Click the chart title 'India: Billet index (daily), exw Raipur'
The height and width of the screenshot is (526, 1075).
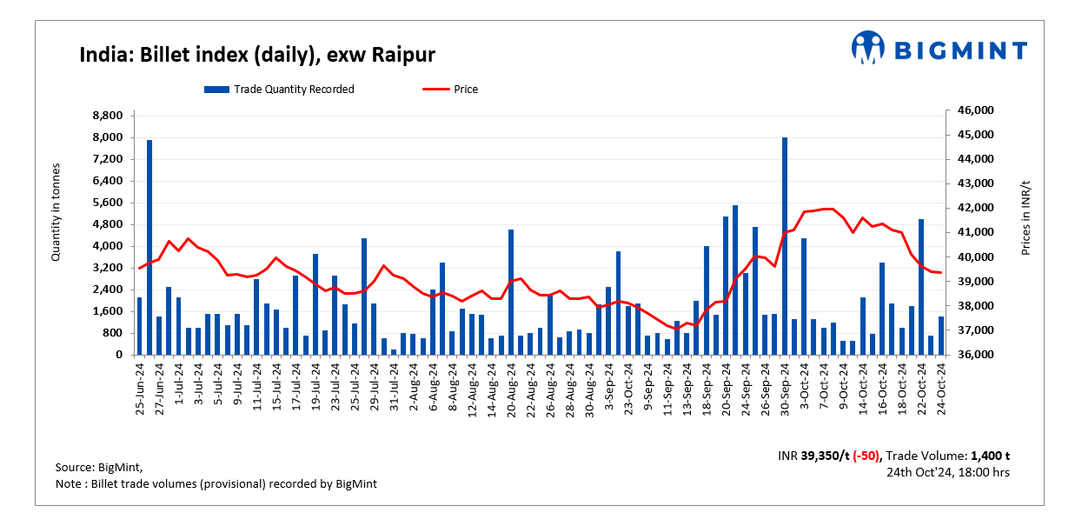pyautogui.click(x=257, y=56)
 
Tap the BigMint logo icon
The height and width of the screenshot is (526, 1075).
pyautogui.click(x=867, y=48)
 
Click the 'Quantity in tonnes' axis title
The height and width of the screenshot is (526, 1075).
pyautogui.click(x=56, y=212)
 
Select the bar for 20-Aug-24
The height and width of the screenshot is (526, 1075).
pyautogui.click(x=511, y=292)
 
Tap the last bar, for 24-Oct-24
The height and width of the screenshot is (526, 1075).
pyautogui.click(x=940, y=336)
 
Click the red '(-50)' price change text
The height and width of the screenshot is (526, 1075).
pyautogui.click(x=866, y=456)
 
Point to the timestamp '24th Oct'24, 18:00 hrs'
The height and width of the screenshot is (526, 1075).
pyautogui.click(x=948, y=472)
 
